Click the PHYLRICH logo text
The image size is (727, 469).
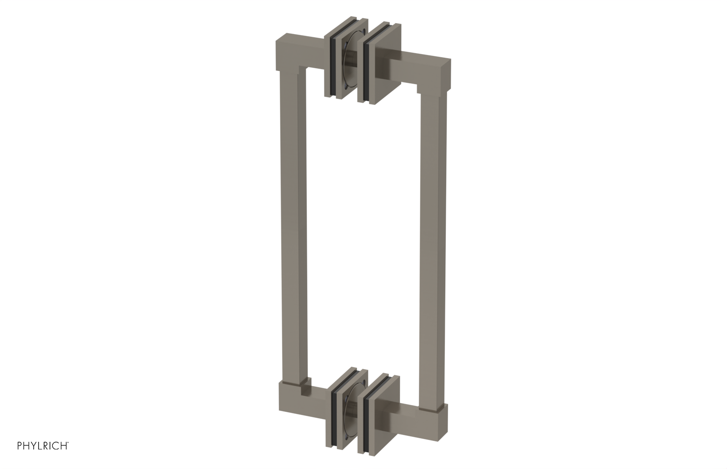click(x=43, y=446)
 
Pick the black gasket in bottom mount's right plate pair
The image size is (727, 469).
click(x=366, y=416)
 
